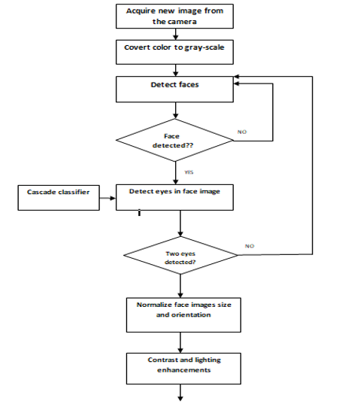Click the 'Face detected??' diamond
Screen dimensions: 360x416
tap(174, 140)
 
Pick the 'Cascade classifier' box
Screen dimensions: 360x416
tap(59, 198)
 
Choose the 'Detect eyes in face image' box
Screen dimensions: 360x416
tap(174, 198)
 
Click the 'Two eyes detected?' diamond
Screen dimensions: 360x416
tap(180, 255)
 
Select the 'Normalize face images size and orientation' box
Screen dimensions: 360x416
tap(183, 315)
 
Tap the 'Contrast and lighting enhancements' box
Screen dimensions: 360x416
tap(183, 369)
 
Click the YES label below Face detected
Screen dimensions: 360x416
tap(189, 172)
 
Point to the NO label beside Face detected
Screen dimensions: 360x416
tap(242, 132)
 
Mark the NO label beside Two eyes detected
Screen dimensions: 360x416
tap(250, 246)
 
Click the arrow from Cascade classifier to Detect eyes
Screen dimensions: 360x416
tap(107, 198)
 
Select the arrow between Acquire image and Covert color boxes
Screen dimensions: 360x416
tap(176, 34)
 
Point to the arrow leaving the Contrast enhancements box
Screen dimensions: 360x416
tap(180, 393)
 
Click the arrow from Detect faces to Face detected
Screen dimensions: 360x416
tap(176, 111)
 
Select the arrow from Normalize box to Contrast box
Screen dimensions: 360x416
tap(180, 342)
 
